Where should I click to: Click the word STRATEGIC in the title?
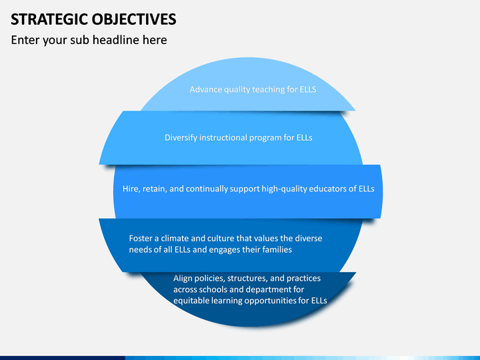[49, 19]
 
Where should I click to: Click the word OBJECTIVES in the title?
[134, 19]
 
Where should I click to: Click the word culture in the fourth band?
[222, 238]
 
